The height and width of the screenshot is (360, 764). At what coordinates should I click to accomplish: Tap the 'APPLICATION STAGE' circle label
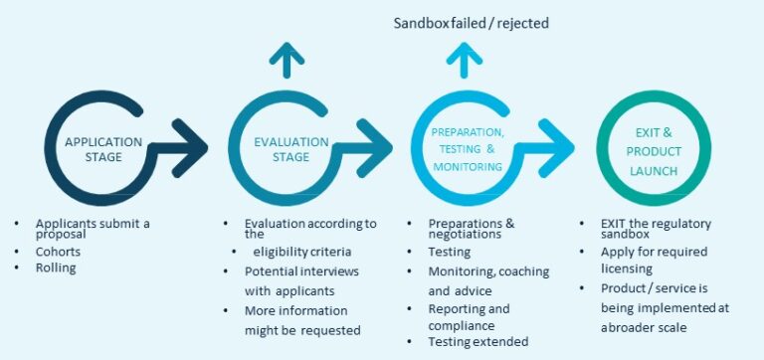tap(103, 148)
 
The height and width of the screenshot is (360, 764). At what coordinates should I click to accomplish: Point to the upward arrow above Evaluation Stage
tap(287, 62)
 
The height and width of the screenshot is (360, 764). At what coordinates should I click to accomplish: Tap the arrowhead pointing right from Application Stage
tap(191, 148)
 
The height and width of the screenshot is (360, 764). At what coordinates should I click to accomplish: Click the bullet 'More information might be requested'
tap(302, 319)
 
